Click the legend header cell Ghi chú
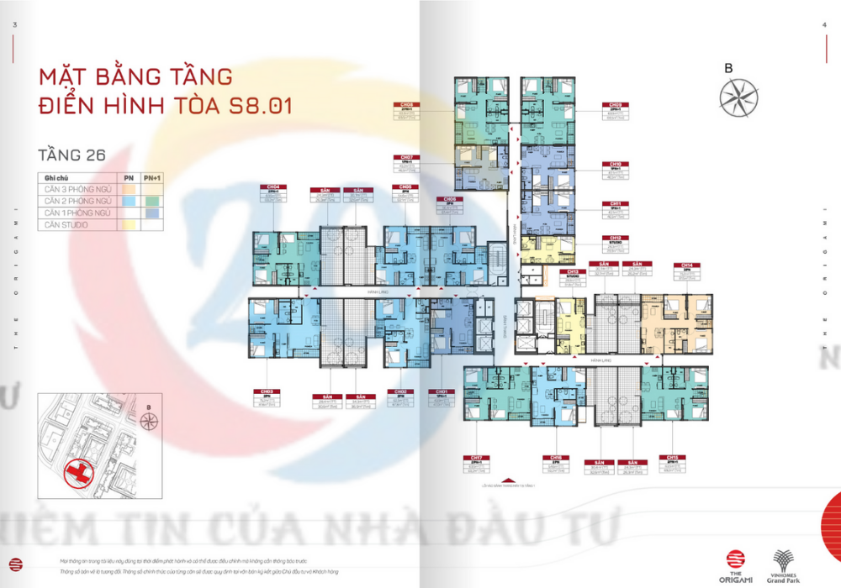click(56, 178)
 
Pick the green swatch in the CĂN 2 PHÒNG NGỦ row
click(152, 202)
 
